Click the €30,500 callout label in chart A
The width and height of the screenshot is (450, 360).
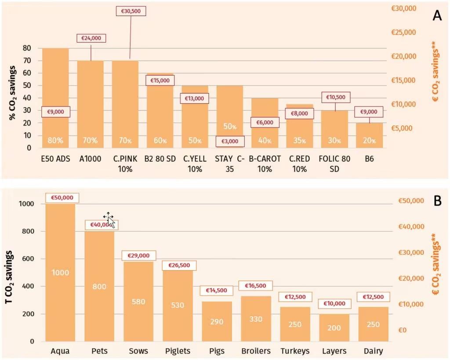(131, 11)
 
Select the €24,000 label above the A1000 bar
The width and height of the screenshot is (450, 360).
(91, 38)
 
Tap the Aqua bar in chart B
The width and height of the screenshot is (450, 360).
(60, 273)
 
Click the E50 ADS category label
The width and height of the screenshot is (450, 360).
(55, 159)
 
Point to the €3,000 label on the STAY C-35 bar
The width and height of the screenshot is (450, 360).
(229, 141)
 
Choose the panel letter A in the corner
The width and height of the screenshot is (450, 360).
(437, 16)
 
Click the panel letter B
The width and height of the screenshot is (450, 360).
(437, 201)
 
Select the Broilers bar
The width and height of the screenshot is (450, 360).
(252, 319)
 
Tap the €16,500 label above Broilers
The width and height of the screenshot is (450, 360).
(252, 286)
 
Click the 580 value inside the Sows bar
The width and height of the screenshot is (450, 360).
(138, 302)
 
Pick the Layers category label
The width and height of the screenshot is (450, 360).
(334, 351)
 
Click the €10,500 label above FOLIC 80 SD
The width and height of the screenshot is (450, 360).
(335, 97)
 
